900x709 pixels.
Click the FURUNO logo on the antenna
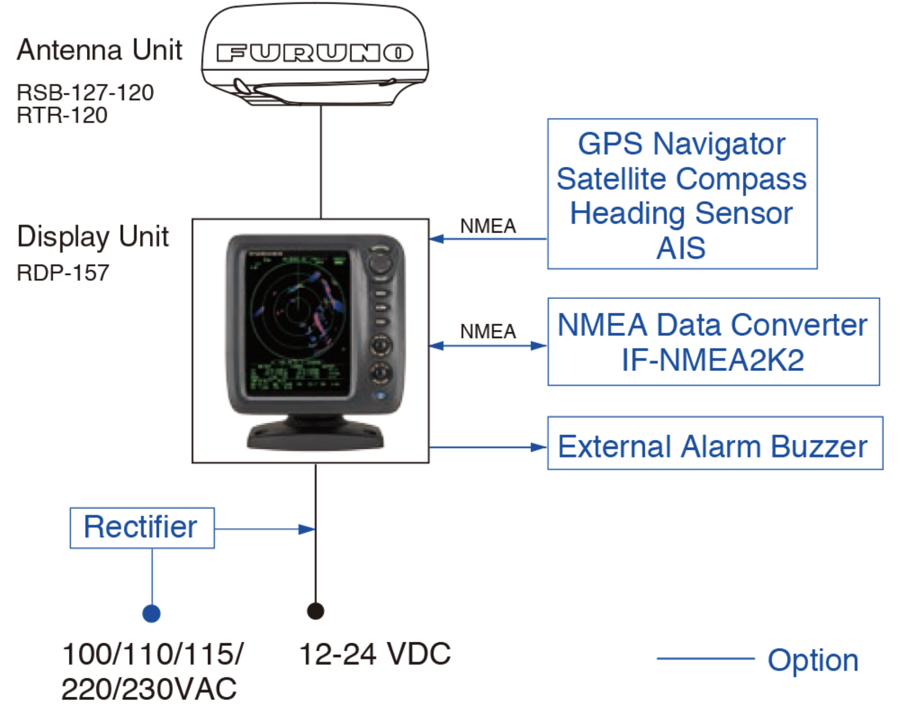[314, 53]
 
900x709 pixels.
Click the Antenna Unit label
[100, 50]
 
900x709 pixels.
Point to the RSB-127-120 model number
[85, 92]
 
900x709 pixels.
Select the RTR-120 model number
[62, 115]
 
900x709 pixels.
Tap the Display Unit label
[93, 236]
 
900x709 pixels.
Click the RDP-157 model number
[63, 273]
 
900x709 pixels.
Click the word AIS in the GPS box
[681, 247]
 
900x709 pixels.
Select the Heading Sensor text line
[681, 214]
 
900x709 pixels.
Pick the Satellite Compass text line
[681, 179]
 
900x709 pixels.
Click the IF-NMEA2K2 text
[713, 360]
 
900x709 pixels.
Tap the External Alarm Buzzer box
[715, 443]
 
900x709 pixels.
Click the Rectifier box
[142, 528]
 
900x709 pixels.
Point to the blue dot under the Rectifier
[151, 614]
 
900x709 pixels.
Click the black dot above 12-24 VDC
[316, 611]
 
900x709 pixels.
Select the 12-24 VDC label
[375, 654]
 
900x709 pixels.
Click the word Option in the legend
[813, 660]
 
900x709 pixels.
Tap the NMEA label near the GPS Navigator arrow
[488, 226]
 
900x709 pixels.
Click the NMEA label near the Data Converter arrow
[488, 332]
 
